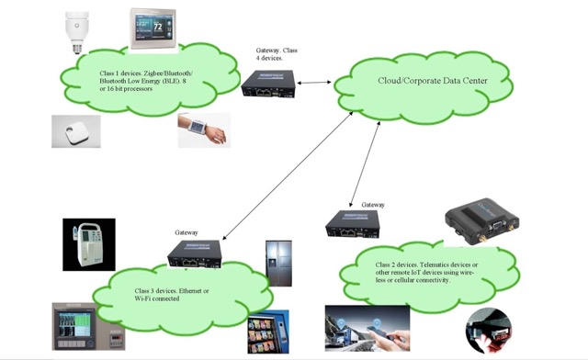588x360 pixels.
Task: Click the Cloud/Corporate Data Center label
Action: [431, 81]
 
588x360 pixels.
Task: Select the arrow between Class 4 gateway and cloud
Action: [318, 83]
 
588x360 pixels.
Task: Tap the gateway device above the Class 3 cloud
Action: [193, 253]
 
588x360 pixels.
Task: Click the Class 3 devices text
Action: [174, 296]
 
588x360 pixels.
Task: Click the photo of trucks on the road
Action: [350, 328]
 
